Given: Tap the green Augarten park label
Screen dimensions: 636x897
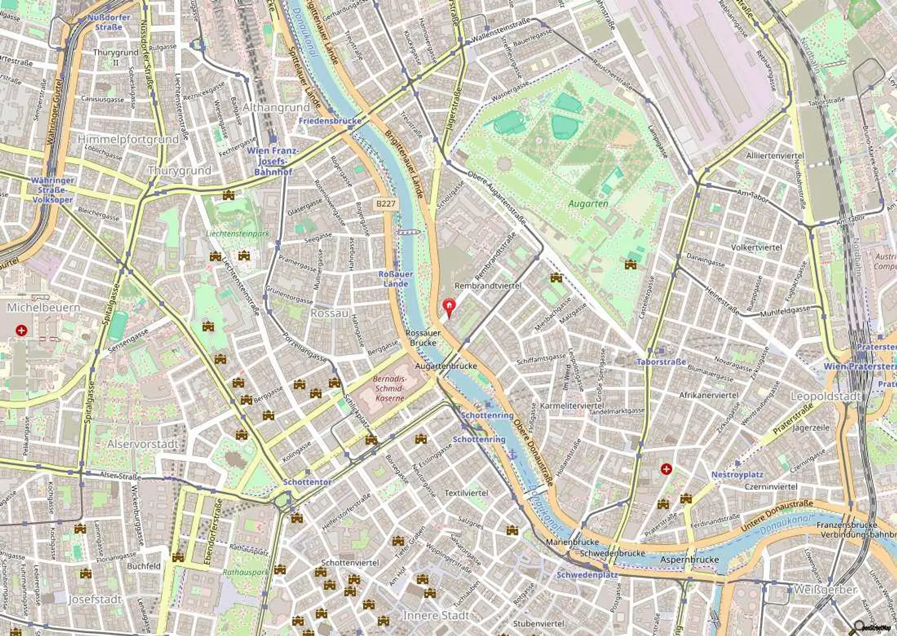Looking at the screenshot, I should (x=588, y=204).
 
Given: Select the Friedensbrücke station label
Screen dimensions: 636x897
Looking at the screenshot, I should (x=330, y=121).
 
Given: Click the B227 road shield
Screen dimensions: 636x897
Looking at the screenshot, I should (x=385, y=204).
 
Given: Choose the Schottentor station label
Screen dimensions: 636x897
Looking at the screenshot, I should (x=307, y=482).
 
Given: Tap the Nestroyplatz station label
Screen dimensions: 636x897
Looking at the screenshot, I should (x=737, y=474).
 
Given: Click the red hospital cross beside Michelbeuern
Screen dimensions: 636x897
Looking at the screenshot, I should (x=22, y=331).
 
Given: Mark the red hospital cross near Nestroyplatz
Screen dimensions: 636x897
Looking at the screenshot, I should (x=666, y=468).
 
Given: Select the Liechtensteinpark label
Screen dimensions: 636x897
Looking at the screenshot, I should (x=238, y=234).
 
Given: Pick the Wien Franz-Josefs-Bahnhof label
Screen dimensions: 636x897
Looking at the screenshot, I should (x=273, y=161).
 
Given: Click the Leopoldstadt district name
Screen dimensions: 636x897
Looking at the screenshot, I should (x=825, y=397).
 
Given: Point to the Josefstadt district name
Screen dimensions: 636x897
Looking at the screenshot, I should (x=95, y=599).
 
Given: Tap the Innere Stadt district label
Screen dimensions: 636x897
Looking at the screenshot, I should (x=436, y=616).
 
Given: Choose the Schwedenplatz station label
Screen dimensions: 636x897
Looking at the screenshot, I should (x=587, y=575).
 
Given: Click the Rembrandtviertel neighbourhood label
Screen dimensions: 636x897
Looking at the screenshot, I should (x=488, y=286).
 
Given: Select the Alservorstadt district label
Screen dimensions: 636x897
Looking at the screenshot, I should (x=142, y=444).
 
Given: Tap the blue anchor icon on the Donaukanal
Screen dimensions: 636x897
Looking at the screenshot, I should (x=512, y=454).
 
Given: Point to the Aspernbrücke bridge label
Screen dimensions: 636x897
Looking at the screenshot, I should (x=689, y=559).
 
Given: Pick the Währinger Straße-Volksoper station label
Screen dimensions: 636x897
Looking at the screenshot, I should (x=53, y=190).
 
